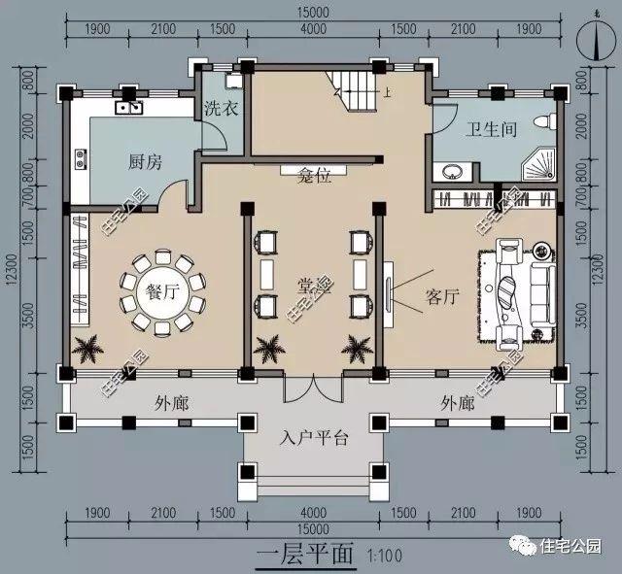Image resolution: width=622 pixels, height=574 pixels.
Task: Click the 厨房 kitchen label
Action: pyautogui.click(x=144, y=163)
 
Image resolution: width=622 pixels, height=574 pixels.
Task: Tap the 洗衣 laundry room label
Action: pyautogui.click(x=221, y=110)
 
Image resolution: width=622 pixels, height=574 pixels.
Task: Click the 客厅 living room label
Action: pyautogui.click(x=441, y=297)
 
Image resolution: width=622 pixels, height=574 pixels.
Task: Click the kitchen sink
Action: pyautogui.click(x=130, y=106)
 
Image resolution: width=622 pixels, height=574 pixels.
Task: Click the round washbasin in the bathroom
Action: pyautogui.click(x=452, y=174)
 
